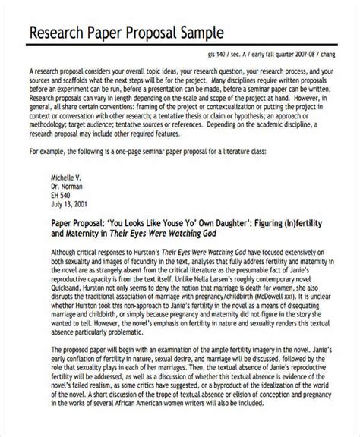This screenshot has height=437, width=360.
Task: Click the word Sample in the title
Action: point(199,34)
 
